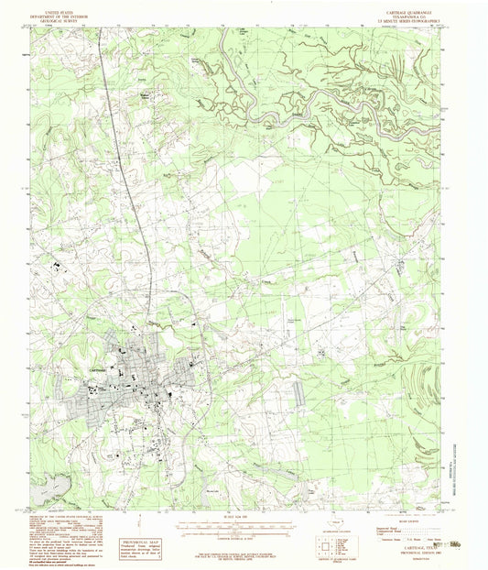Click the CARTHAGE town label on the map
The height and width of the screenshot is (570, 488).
pyautogui.click(x=102, y=357)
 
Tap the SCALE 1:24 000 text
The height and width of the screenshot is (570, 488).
pyautogui.click(x=242, y=521)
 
